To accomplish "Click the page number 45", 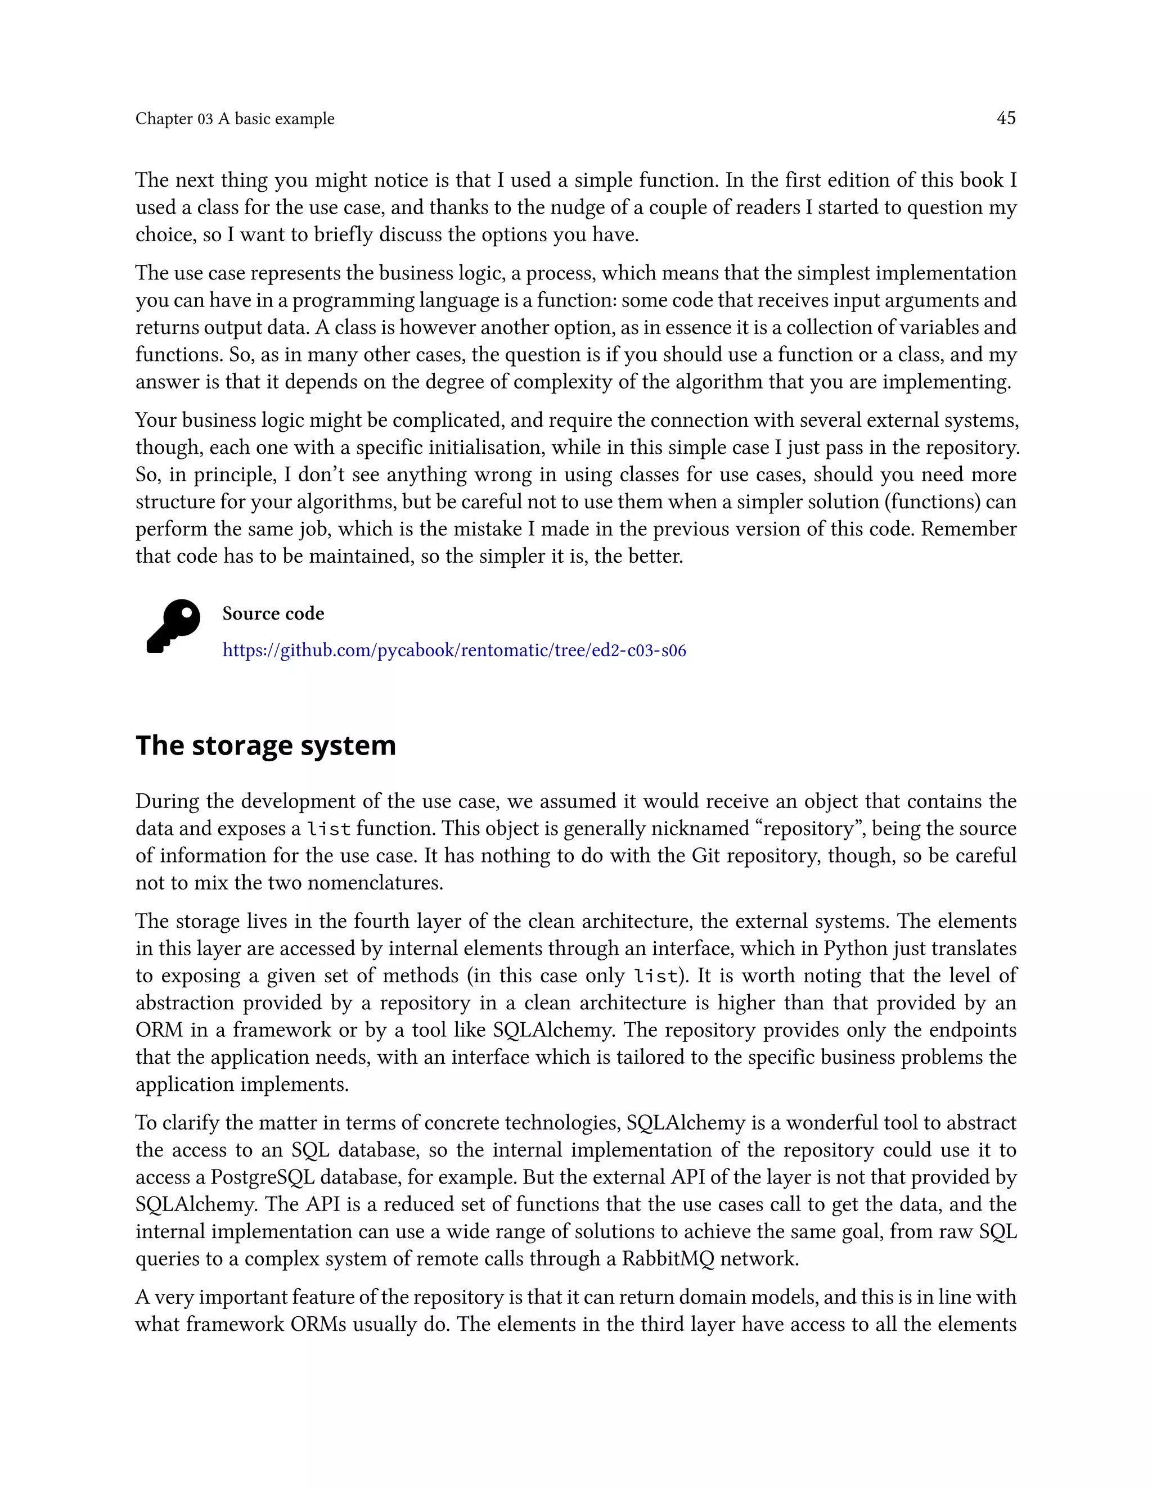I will [1005, 118].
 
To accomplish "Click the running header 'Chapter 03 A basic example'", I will [235, 119].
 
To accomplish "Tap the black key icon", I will [173, 626].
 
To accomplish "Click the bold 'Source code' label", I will [273, 613].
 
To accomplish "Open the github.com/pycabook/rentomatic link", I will [454, 650].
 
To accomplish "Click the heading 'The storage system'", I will [265, 745].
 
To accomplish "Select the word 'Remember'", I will [969, 529].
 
